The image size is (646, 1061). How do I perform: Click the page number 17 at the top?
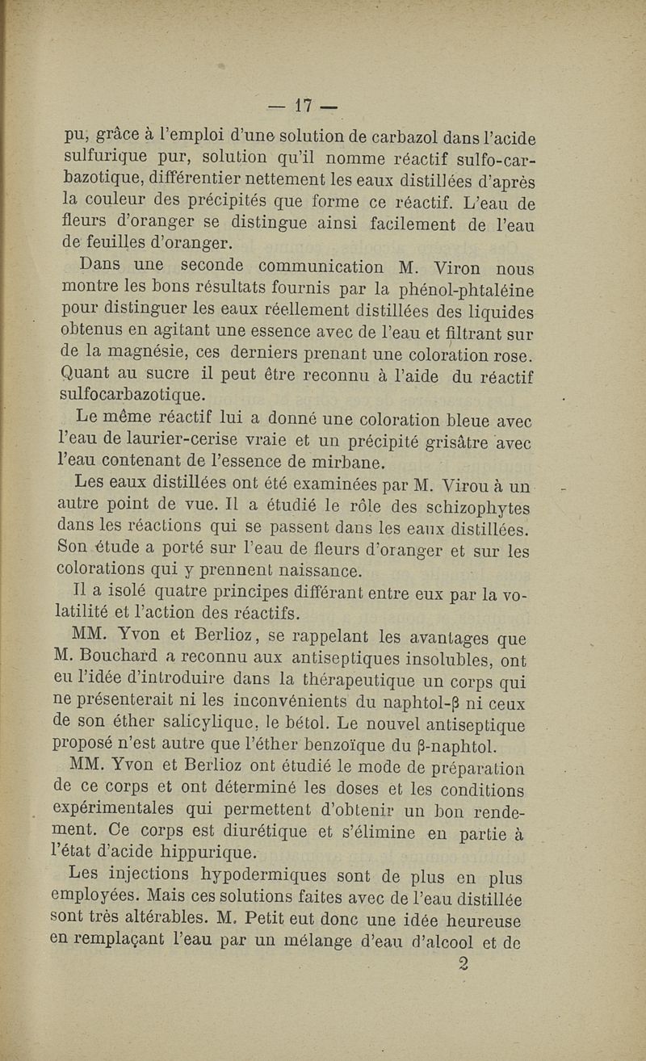click(304, 105)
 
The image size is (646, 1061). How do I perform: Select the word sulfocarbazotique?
click(134, 396)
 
